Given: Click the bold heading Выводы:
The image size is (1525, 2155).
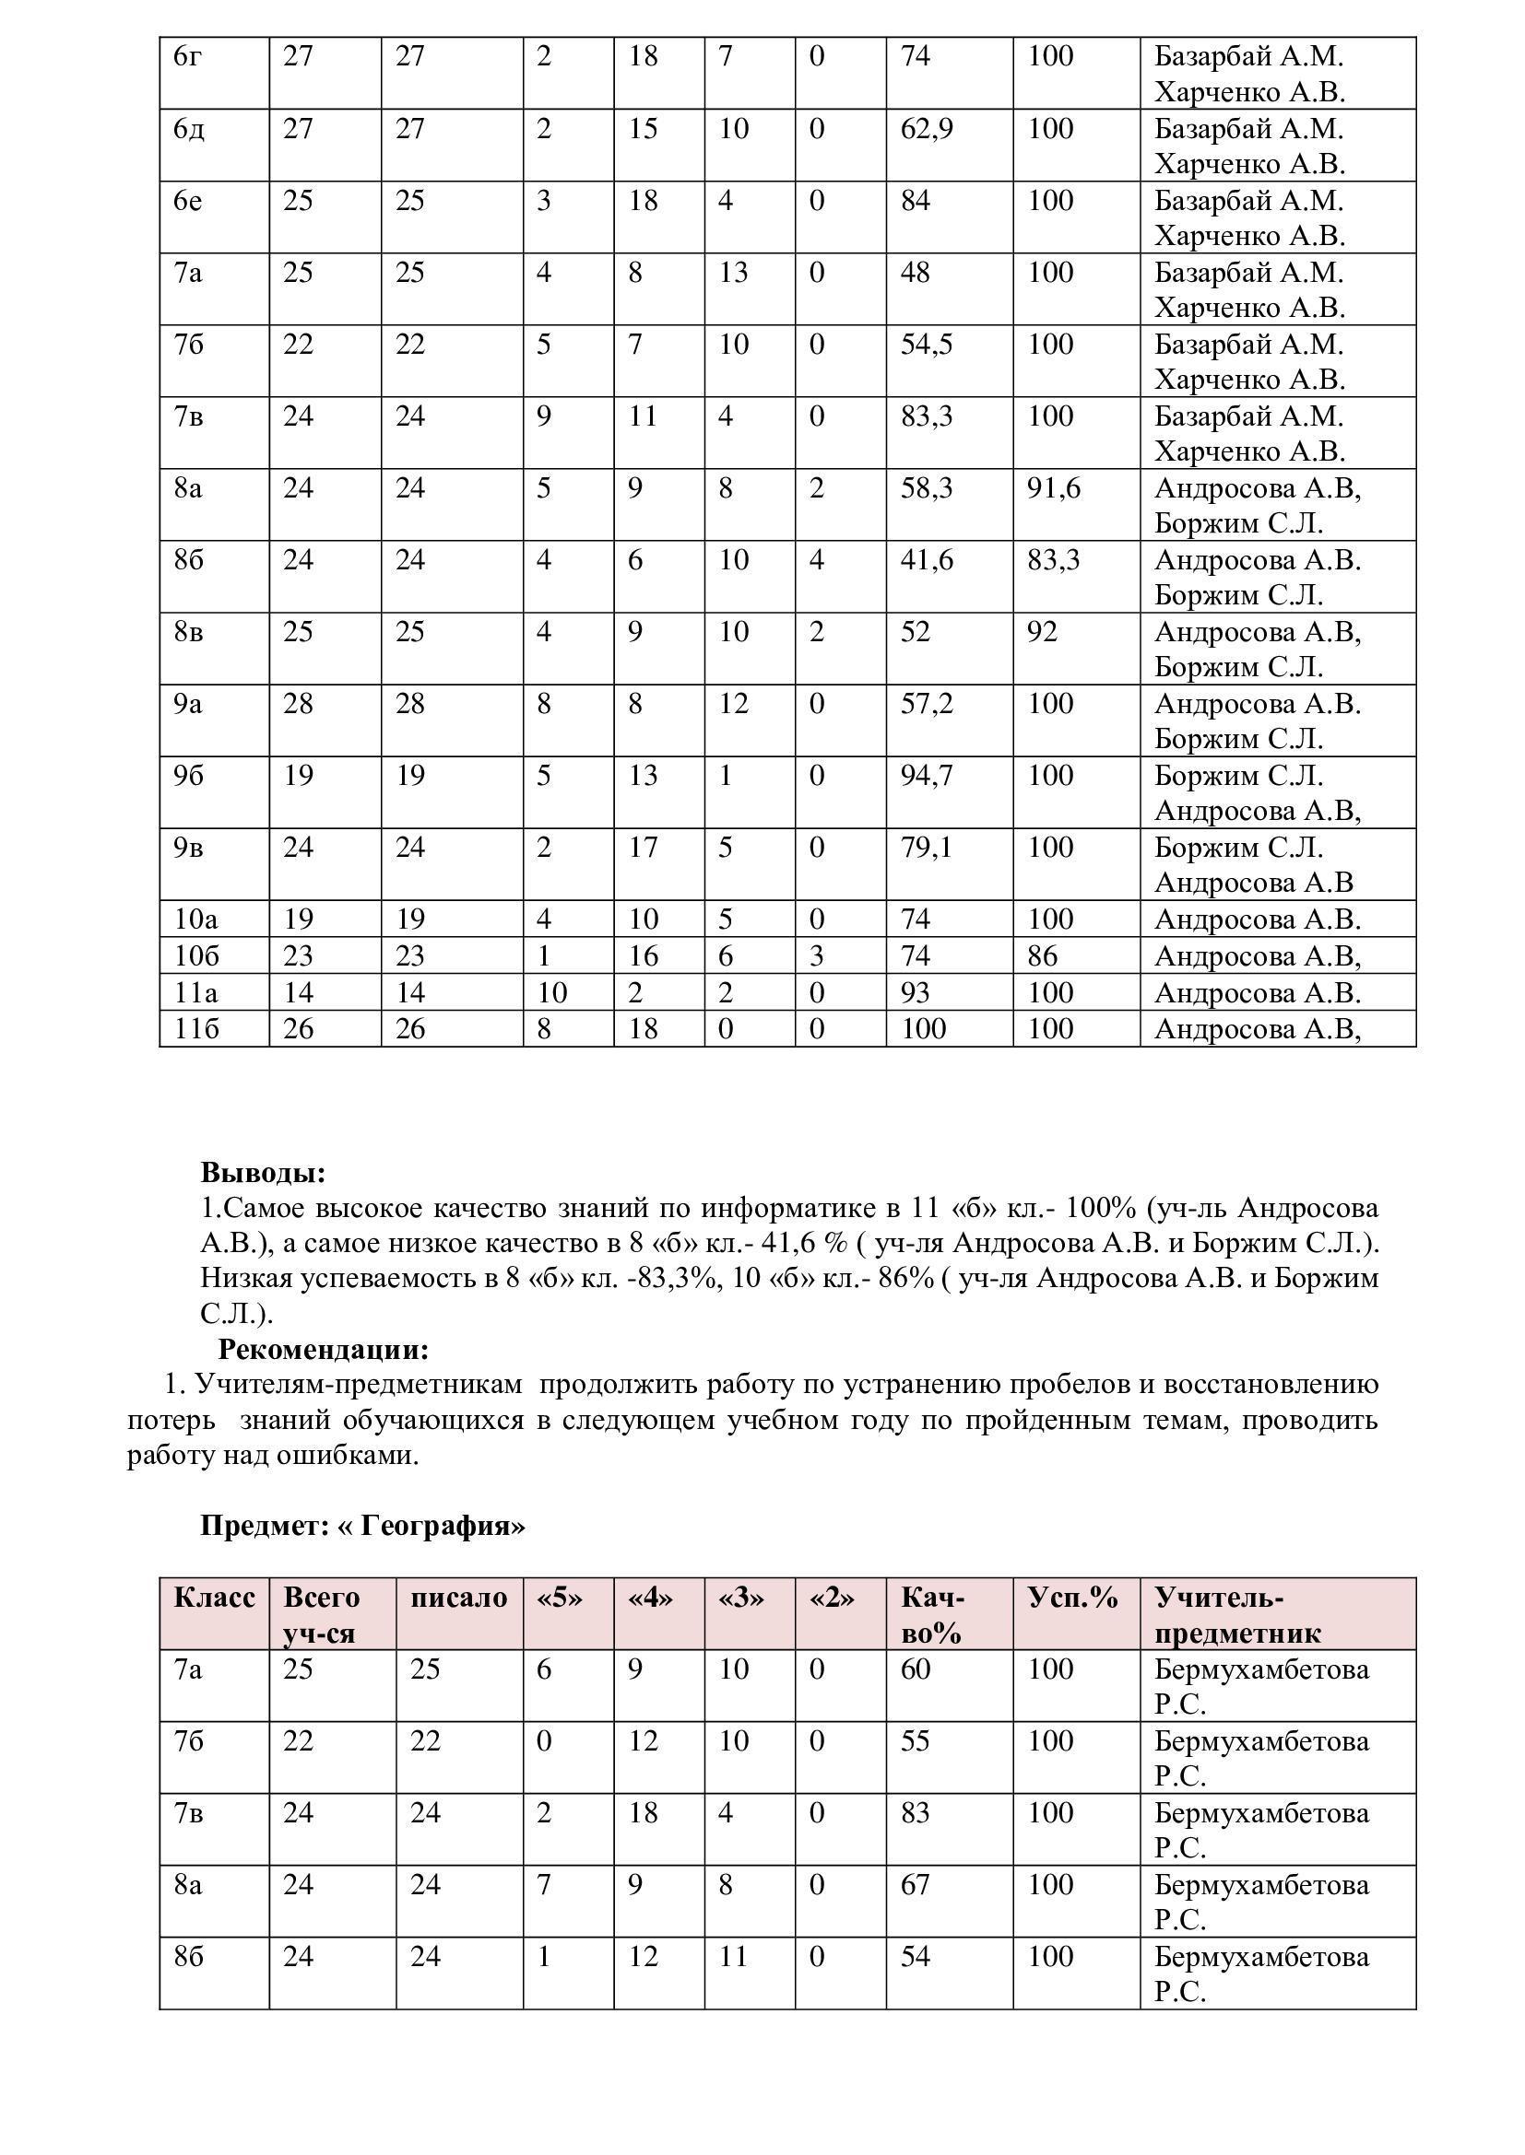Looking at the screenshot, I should pyautogui.click(x=263, y=1172).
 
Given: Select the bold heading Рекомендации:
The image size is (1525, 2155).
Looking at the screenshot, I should pyautogui.click(x=323, y=1349).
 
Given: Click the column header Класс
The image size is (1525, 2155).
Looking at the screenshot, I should pyautogui.click(x=214, y=1598).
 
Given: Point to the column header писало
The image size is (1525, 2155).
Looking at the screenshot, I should pyautogui.click(x=458, y=1598).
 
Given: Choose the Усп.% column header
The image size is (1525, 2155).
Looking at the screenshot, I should pyautogui.click(x=1072, y=1598).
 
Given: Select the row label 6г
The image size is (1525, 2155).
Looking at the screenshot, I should pyautogui.click(x=187, y=56).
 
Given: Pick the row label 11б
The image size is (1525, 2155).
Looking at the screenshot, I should pyautogui.click(x=196, y=1030).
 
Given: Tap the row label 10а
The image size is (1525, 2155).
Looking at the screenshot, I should pyautogui.click(x=196, y=919).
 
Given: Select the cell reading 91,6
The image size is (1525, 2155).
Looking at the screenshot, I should pyautogui.click(x=1054, y=488).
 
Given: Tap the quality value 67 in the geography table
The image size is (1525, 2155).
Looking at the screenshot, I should pyautogui.click(x=915, y=1885).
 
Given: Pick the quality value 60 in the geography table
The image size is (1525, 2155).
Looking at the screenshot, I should pyautogui.click(x=915, y=1669).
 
